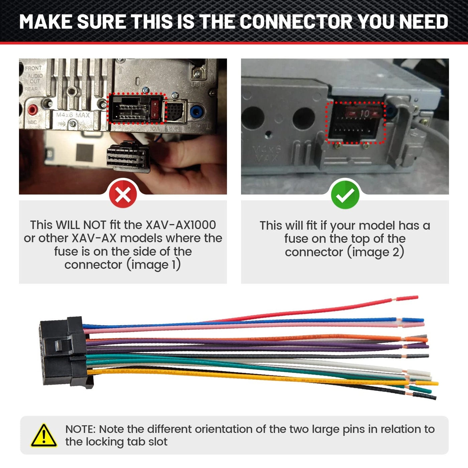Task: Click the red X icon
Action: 123,194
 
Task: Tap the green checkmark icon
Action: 345,195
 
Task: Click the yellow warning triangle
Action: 44,436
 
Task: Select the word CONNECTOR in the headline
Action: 296,22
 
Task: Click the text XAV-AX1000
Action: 181,225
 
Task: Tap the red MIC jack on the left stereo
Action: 32,109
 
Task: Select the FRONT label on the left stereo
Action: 33,68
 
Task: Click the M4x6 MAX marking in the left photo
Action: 73,115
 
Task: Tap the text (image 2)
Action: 375,252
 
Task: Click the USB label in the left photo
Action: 197,85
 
